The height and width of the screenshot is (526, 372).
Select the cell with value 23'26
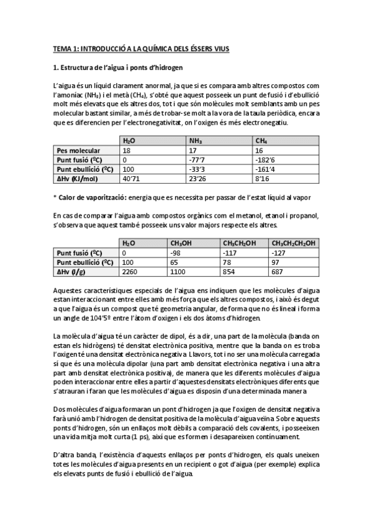[197, 179]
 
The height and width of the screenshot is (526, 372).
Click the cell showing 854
[230, 272]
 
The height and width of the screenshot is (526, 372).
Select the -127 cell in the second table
[280, 253]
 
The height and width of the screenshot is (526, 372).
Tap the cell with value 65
[175, 262]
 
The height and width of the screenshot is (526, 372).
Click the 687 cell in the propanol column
[279, 272]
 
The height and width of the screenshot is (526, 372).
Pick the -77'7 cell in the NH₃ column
[197, 160]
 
